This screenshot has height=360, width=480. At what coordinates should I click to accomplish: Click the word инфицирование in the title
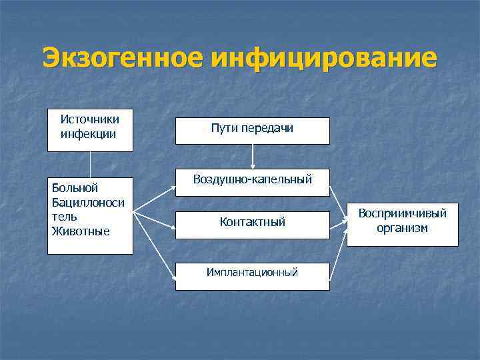click(x=324, y=58)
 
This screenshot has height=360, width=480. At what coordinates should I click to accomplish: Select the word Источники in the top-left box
click(x=90, y=120)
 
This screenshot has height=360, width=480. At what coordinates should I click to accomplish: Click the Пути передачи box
click(x=252, y=131)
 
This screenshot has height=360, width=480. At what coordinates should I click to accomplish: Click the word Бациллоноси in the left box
click(x=87, y=203)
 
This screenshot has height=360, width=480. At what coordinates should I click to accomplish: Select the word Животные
click(x=81, y=231)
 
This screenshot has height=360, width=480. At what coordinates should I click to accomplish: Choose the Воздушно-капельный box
click(x=252, y=180)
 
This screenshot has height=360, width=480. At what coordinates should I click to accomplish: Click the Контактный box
click(x=252, y=223)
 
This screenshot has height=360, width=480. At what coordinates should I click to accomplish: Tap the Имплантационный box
click(x=252, y=273)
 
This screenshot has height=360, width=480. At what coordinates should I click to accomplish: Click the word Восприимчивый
click(x=402, y=213)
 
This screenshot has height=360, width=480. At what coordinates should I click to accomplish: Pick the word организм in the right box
click(x=402, y=228)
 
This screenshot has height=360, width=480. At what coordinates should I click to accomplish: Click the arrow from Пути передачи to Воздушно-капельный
click(x=252, y=156)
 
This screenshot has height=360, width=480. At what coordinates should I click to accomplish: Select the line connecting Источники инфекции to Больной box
click(x=90, y=165)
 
